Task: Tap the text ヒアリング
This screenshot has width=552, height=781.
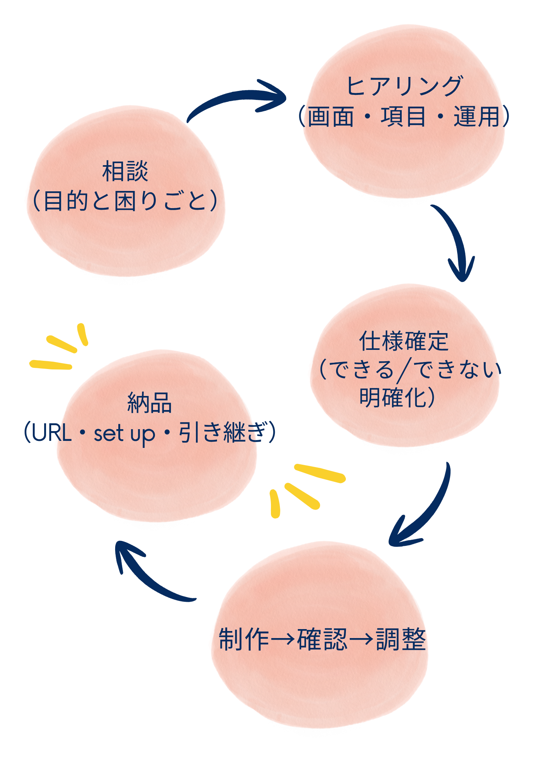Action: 404,86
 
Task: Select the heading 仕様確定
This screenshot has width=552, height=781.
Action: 404,341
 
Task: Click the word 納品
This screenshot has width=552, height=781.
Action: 150,403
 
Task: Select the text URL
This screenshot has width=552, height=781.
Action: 52,433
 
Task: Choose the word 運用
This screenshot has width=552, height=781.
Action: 477,116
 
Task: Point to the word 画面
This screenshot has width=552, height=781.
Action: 331,116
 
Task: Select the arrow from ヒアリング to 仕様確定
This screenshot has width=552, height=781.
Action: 455,242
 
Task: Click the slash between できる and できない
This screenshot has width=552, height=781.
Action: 404,370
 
